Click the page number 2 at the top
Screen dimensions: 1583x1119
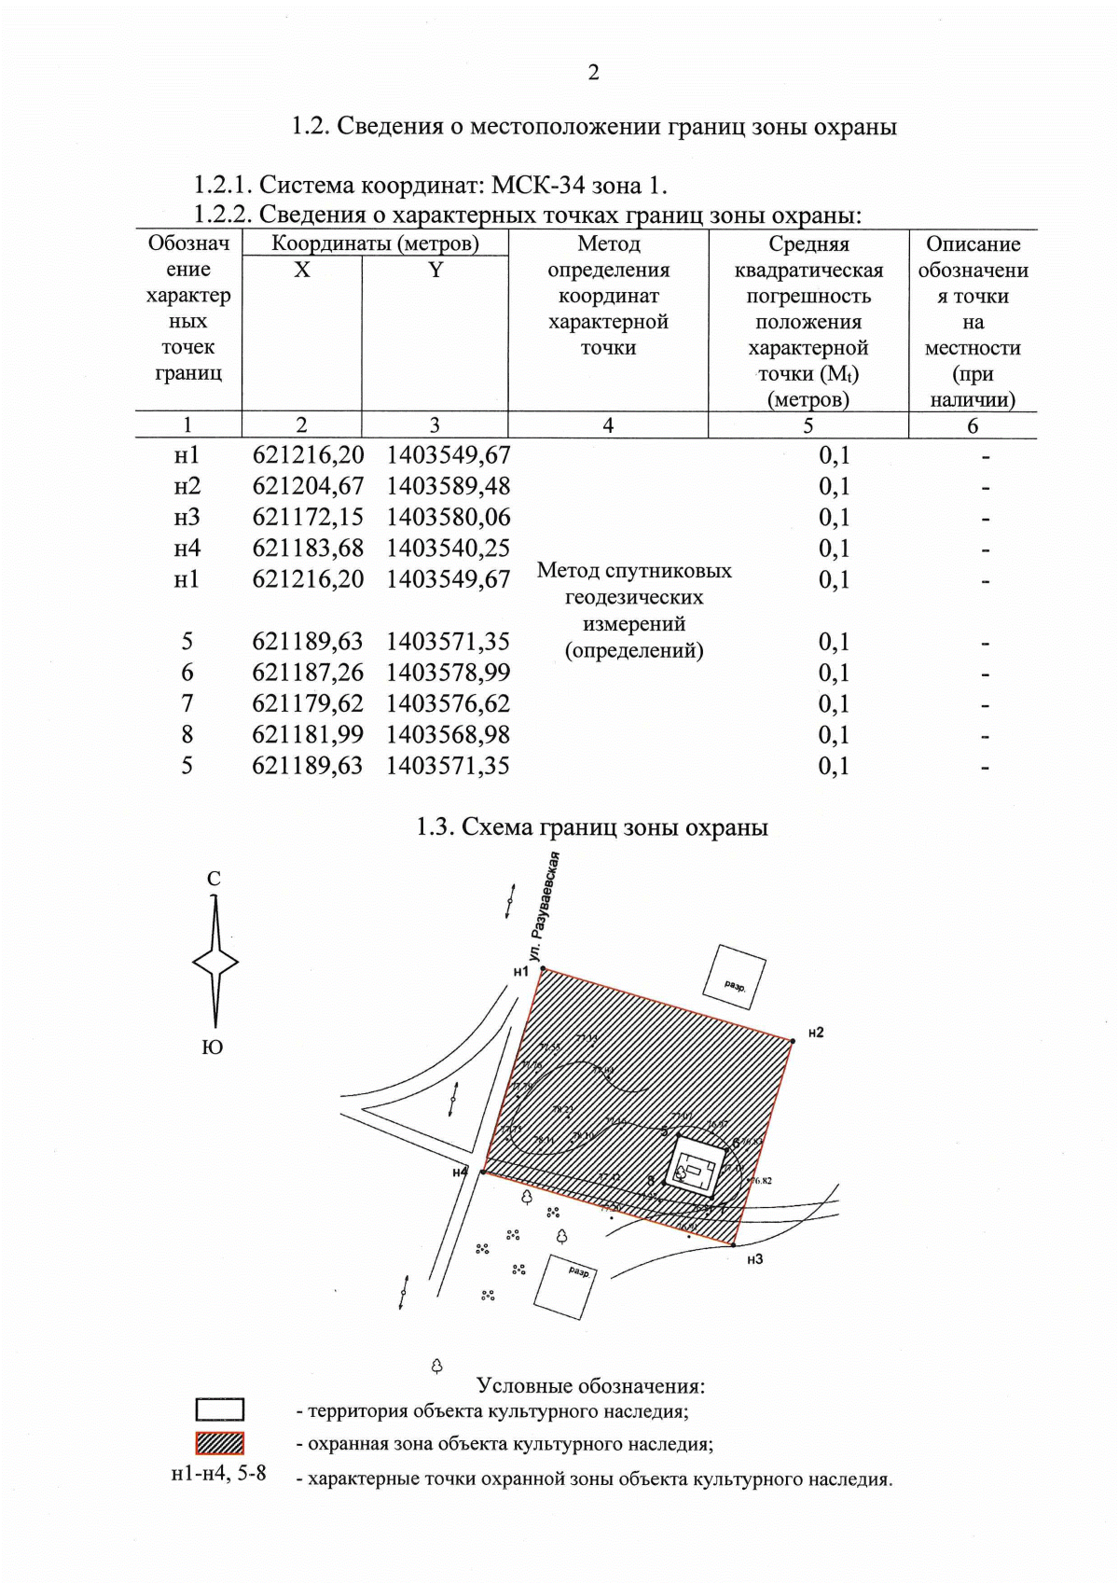593,73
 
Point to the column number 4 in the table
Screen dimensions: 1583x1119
608,425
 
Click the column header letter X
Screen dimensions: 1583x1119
301,271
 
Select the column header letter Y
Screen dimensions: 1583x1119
435,271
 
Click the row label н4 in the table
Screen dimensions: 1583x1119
187,548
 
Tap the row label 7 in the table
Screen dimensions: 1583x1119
187,703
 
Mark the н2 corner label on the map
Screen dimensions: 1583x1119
815,1033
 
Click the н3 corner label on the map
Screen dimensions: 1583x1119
754,1259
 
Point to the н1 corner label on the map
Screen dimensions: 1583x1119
520,971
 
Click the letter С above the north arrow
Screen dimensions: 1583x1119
214,879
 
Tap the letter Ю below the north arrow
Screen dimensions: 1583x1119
213,1048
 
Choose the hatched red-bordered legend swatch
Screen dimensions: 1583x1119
220,1443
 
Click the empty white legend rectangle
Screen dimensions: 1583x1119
220,1409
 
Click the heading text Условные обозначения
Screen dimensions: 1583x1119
590,1386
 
